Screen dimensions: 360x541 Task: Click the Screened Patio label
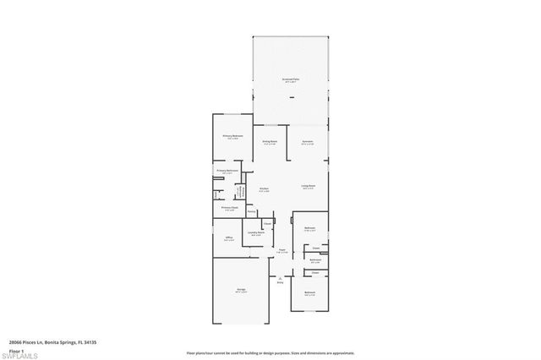(x=291, y=79)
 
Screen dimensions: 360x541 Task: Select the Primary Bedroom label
(x=233, y=136)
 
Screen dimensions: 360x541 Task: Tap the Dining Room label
(x=270, y=141)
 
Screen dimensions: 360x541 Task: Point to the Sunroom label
(x=308, y=141)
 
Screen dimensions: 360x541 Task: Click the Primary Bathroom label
(x=227, y=171)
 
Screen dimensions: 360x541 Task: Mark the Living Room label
(x=309, y=186)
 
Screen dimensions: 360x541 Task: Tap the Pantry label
(x=264, y=211)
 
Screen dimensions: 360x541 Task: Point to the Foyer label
(x=282, y=251)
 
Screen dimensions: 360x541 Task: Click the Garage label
(x=241, y=290)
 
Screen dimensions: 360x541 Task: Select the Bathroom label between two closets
(x=314, y=260)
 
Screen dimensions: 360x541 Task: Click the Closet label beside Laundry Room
(x=267, y=223)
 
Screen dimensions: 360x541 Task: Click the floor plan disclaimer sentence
(x=270, y=352)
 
